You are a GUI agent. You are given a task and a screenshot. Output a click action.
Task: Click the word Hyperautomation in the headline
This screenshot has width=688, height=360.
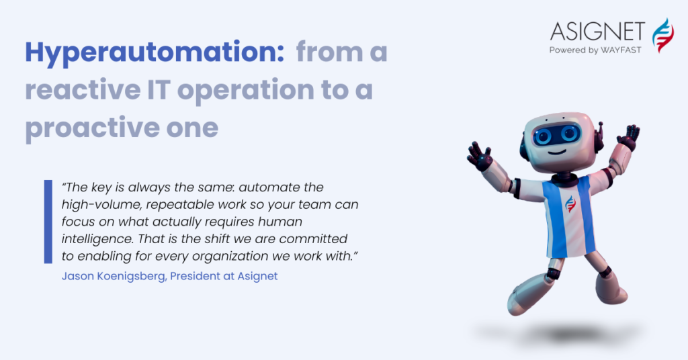coord(155,52)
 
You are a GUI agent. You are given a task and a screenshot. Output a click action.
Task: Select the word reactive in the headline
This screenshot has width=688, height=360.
coord(83,89)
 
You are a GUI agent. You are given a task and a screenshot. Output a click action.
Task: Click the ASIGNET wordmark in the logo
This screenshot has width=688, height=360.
coord(597,32)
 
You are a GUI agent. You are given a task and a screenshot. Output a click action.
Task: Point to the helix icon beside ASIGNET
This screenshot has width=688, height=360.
coord(662,35)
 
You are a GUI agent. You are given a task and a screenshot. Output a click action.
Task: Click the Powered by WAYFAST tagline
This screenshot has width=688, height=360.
coord(595,50)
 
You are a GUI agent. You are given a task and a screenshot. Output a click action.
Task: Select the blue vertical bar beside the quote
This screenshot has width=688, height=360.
coord(48,222)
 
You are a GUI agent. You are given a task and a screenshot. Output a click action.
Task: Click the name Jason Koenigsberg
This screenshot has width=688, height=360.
coord(114,276)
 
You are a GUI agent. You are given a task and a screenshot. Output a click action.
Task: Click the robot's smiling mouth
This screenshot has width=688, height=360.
coord(557,152)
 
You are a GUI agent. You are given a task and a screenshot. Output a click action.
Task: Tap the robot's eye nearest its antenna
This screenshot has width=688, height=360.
coord(570,133)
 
